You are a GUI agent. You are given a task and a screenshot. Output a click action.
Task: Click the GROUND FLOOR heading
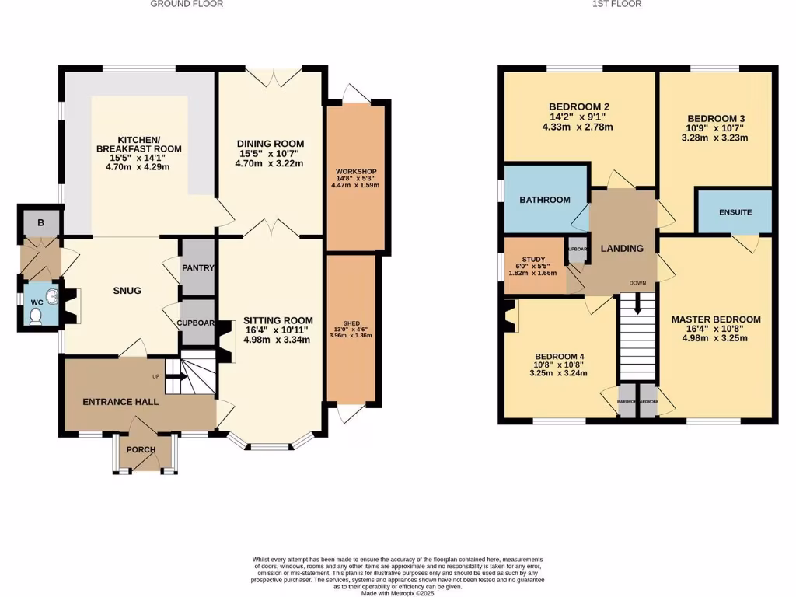pos(187,4)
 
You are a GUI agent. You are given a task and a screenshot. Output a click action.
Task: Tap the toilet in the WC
pos(35,315)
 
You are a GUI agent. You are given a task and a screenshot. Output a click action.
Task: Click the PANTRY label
pos(198,268)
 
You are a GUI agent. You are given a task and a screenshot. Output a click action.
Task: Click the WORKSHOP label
pos(356,171)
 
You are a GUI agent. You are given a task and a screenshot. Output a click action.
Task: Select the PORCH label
pos(141,450)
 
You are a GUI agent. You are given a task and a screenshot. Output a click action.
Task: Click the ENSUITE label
pos(735,211)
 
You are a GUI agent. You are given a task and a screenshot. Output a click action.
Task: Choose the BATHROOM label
pos(544,200)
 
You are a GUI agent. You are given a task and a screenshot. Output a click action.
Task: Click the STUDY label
pos(533,260)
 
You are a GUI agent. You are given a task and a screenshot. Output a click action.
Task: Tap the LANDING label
pos(623,249)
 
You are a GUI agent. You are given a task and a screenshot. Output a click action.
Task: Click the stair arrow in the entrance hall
pos(176,377)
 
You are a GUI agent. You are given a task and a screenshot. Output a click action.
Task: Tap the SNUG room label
pos(127,291)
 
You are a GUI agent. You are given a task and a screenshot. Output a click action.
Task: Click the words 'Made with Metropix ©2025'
pos(398,593)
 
